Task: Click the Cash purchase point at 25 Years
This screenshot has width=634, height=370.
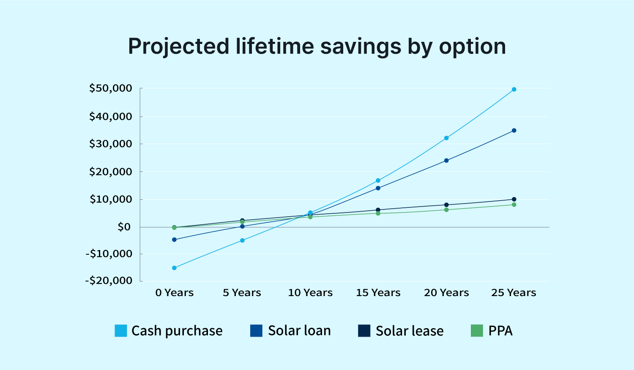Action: point(514,90)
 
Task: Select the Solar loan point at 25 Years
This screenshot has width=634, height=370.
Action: point(514,131)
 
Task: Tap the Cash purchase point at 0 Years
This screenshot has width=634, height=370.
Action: point(174,268)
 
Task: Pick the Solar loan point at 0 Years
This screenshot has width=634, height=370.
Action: point(174,239)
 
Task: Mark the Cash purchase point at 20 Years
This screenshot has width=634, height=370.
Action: point(446,138)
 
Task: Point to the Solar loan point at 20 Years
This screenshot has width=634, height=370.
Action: point(446,161)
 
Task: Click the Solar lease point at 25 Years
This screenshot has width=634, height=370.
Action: point(514,199)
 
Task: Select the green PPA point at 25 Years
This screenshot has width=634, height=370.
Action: point(514,204)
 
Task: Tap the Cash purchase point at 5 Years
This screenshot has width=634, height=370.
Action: point(242,240)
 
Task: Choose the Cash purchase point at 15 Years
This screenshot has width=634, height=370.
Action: point(378,180)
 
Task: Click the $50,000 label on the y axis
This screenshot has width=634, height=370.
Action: point(111,88)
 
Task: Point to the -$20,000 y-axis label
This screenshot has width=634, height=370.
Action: point(109,280)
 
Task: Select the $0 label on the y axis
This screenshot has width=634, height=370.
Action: point(124,227)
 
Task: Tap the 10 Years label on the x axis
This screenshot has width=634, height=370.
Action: point(310,292)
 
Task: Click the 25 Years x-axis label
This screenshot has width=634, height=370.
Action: point(514,292)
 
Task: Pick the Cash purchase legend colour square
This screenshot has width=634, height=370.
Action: point(121,331)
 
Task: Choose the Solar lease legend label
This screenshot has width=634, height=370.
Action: point(410,331)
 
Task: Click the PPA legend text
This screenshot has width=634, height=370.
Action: point(500,331)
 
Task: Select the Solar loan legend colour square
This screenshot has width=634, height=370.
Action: point(257,331)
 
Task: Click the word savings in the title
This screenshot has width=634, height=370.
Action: point(361,46)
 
